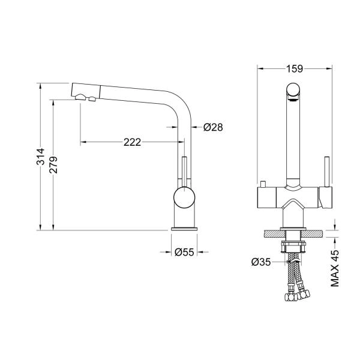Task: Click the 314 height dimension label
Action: tap(41, 157)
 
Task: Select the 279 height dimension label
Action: tap(53, 165)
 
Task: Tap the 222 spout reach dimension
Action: tap(132, 142)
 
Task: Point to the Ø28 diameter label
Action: tap(213, 127)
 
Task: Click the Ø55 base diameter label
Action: tap(184, 252)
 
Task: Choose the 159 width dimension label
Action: tap(295, 68)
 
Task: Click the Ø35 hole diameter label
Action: tap(261, 262)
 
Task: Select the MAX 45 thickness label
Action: tap(335, 268)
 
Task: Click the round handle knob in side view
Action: tap(184, 197)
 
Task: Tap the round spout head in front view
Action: tap(293, 90)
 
